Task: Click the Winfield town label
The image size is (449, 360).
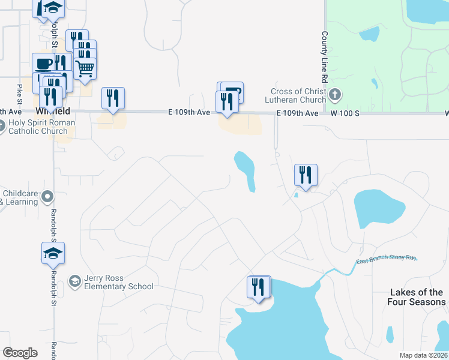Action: [52, 111]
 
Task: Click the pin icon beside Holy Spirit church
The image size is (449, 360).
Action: [2, 126]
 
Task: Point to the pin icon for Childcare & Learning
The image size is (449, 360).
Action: [49, 197]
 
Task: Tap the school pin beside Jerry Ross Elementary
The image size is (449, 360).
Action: [74, 281]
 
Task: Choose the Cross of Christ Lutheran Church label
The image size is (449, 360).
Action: [298, 95]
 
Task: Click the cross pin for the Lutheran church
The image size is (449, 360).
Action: [336, 94]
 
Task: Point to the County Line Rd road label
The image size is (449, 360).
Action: [324, 57]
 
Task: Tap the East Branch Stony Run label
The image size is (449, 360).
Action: [386, 259]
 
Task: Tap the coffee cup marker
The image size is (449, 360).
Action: [44, 64]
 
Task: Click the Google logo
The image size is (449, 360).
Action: [19, 353]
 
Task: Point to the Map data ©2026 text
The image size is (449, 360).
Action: [423, 355]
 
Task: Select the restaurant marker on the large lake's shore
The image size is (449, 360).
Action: [258, 287]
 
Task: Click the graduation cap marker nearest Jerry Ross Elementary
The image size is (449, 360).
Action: [53, 253]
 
